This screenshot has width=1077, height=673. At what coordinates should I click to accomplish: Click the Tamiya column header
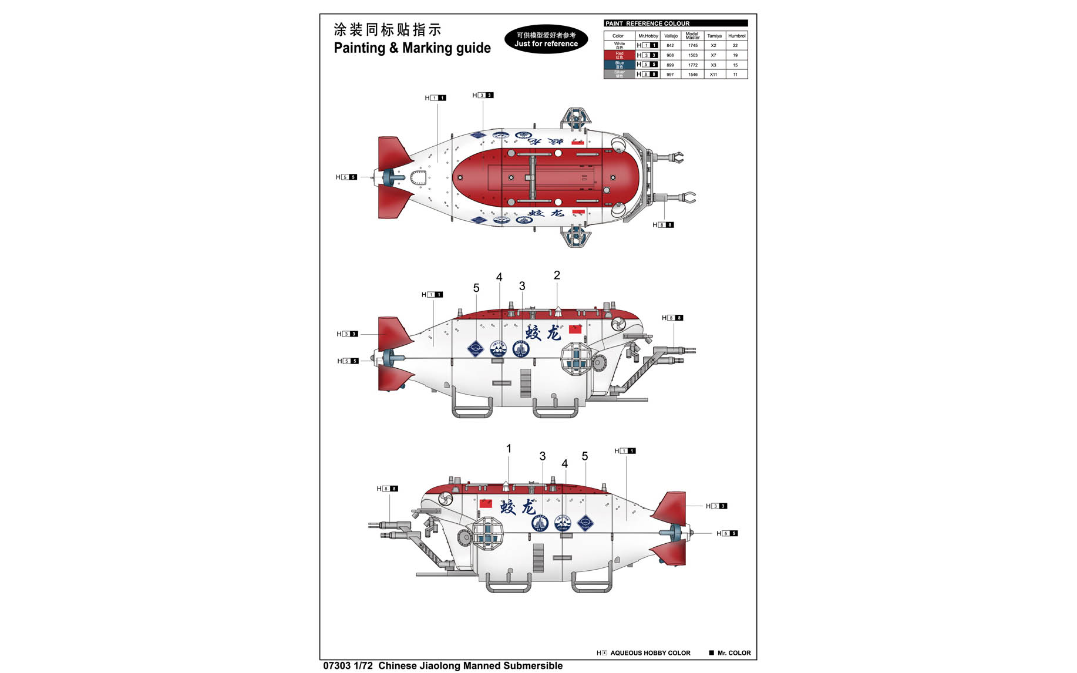714,36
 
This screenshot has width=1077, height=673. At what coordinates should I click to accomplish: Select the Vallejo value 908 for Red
670,55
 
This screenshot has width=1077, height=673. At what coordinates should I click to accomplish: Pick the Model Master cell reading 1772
693,65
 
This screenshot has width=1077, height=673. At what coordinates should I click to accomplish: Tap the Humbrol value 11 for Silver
735,75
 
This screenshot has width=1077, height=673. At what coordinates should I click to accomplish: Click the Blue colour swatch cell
620,65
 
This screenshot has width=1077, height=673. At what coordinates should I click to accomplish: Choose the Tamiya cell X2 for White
713,45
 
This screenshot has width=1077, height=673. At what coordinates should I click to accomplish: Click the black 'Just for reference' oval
546,39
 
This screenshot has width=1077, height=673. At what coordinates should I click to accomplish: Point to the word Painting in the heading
359,48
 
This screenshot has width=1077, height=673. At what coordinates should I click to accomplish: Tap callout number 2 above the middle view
557,275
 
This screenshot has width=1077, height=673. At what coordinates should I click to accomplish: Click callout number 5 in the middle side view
476,288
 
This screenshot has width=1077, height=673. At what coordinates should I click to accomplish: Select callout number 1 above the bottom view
509,449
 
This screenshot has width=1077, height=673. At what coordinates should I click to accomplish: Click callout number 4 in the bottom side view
564,464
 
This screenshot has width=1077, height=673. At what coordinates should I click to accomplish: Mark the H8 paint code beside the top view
664,225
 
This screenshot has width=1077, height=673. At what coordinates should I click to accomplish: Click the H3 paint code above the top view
483,95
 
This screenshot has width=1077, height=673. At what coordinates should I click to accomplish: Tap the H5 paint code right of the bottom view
727,533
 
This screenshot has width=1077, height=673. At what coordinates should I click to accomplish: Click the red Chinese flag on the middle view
575,329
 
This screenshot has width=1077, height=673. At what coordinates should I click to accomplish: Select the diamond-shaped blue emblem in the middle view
475,349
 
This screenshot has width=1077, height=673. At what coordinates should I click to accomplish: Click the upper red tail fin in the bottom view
671,508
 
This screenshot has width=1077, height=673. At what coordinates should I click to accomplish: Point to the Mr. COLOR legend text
733,653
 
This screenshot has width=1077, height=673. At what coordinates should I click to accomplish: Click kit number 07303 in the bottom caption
336,666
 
